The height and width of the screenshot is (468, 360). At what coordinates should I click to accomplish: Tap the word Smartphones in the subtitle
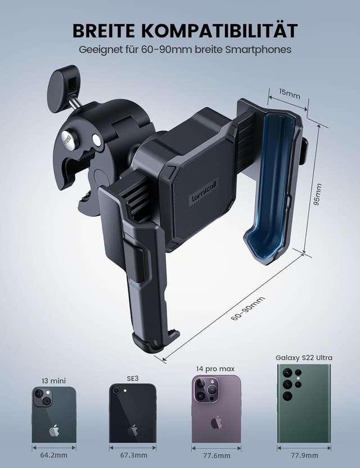pyautogui.click(x=258, y=49)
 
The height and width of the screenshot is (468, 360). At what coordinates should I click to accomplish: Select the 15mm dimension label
pyautogui.click(x=290, y=94)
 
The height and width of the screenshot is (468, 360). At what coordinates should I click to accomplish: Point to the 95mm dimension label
pyautogui.click(x=318, y=194)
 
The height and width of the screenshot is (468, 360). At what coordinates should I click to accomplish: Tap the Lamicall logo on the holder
pyautogui.click(x=204, y=192)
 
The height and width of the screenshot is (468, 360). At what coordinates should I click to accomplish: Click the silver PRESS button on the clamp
pyautogui.click(x=68, y=139)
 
